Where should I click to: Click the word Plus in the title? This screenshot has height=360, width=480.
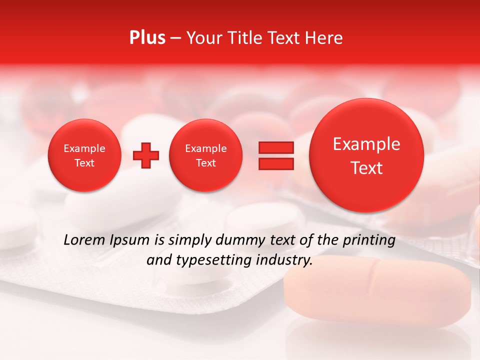(147, 38)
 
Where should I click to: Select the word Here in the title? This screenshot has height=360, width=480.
(325, 38)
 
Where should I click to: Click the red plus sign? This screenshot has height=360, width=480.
(146, 155)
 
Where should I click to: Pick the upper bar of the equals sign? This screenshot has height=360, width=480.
(276, 147)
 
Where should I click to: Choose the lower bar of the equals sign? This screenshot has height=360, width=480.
(276, 163)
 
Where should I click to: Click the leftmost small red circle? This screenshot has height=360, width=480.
(84, 155)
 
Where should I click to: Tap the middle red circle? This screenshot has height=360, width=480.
(206, 155)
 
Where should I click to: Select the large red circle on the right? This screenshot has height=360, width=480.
(366, 155)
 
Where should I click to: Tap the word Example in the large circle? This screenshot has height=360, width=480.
(366, 144)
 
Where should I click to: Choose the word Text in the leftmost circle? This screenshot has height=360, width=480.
(84, 163)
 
